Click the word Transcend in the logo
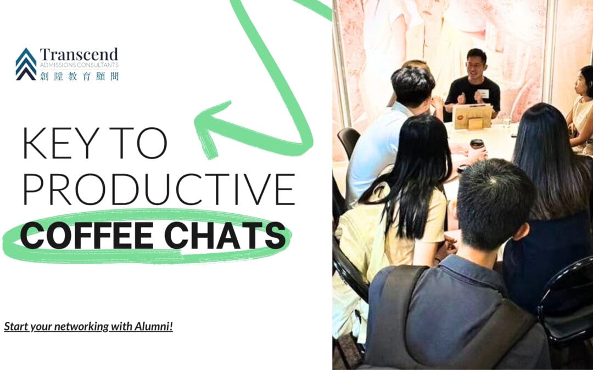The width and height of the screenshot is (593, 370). (79, 55)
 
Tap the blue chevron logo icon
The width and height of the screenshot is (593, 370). (26, 64)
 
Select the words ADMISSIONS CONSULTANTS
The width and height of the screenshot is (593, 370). (79, 66)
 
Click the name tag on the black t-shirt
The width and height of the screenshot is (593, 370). (483, 93)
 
